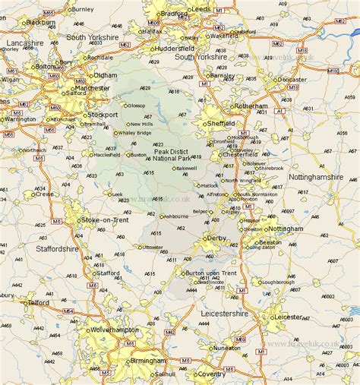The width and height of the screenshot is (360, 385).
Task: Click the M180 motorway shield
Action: [x=335, y=68]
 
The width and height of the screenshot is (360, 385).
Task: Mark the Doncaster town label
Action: [x=292, y=79]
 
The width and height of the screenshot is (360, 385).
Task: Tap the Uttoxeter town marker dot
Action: [x=140, y=247]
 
